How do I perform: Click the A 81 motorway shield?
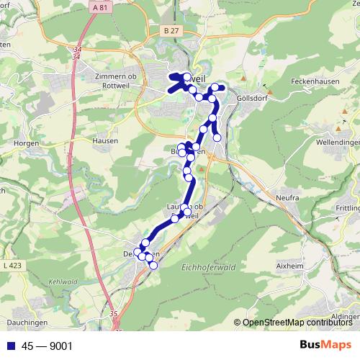click(102, 7)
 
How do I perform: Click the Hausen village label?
click(104, 141)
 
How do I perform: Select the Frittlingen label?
click(347, 207)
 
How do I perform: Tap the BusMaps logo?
click(325, 345)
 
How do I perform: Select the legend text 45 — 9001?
click(47, 346)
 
